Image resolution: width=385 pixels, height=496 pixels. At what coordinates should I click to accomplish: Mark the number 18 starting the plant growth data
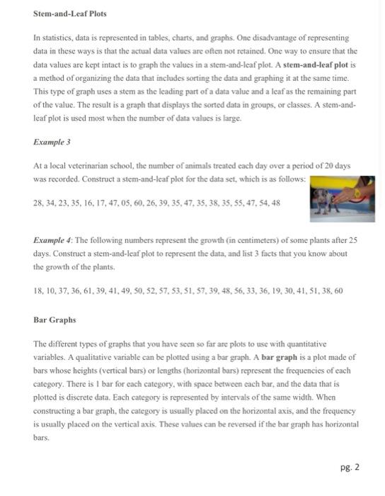40,291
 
